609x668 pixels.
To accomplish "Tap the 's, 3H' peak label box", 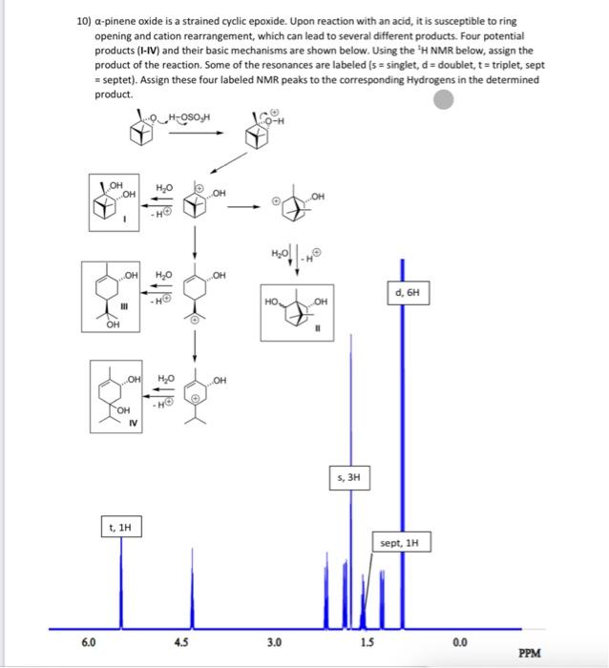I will pyautogui.click(x=347, y=475).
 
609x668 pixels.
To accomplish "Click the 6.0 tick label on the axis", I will pyautogui.click(x=88, y=641).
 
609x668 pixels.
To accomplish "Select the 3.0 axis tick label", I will pyautogui.click(x=274, y=641).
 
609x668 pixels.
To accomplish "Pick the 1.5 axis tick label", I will pyautogui.click(x=367, y=641).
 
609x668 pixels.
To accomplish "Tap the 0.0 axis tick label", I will pyautogui.click(x=459, y=641).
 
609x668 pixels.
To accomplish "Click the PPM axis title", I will pyautogui.click(x=531, y=654).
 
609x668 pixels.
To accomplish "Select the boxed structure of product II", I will pyautogui.click(x=296, y=310).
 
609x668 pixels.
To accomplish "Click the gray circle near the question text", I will pyautogui.click(x=442, y=99).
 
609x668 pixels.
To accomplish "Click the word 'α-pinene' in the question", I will pyautogui.click(x=119, y=20).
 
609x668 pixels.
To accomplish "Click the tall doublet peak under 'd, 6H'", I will pyautogui.click(x=401, y=429).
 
